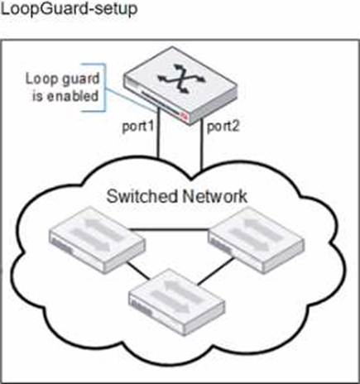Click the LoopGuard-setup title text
click(x=69, y=10)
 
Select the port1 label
click(x=137, y=127)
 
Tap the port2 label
click(x=223, y=127)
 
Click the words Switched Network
click(x=176, y=196)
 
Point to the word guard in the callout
click(x=80, y=79)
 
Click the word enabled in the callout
click(x=73, y=96)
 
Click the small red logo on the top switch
click(x=184, y=116)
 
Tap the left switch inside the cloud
click(x=97, y=240)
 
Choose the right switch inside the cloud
click(x=257, y=240)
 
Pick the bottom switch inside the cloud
click(x=177, y=302)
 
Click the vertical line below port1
click(x=158, y=133)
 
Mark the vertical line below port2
click(x=201, y=144)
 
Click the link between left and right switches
click(x=169, y=229)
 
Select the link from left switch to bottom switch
click(x=137, y=271)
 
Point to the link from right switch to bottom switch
click(x=215, y=271)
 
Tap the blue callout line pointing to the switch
click(x=130, y=101)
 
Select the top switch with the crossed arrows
click(x=180, y=85)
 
